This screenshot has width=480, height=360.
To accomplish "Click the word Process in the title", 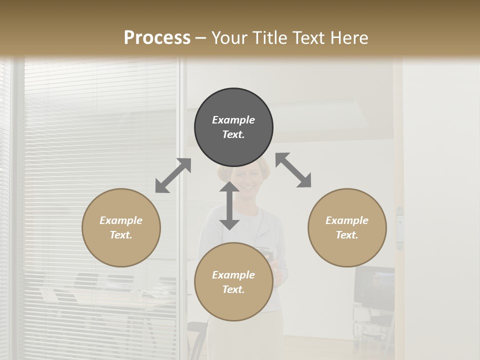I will coord(157,38).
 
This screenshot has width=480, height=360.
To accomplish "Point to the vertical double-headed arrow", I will coord(229,205).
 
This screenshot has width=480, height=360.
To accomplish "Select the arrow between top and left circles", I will coord(173,175).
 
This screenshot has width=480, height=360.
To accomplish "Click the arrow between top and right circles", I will coord(293,170).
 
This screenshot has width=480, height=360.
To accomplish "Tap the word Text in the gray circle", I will coord(233,135).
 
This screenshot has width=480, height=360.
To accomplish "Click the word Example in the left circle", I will coord(121,220).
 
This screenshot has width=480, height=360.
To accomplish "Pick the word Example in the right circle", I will coord(347,220).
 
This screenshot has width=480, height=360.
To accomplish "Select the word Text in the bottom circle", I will coord(233,289).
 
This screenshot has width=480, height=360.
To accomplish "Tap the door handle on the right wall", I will coord(399,227).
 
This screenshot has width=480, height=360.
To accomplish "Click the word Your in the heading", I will coord(229,38).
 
